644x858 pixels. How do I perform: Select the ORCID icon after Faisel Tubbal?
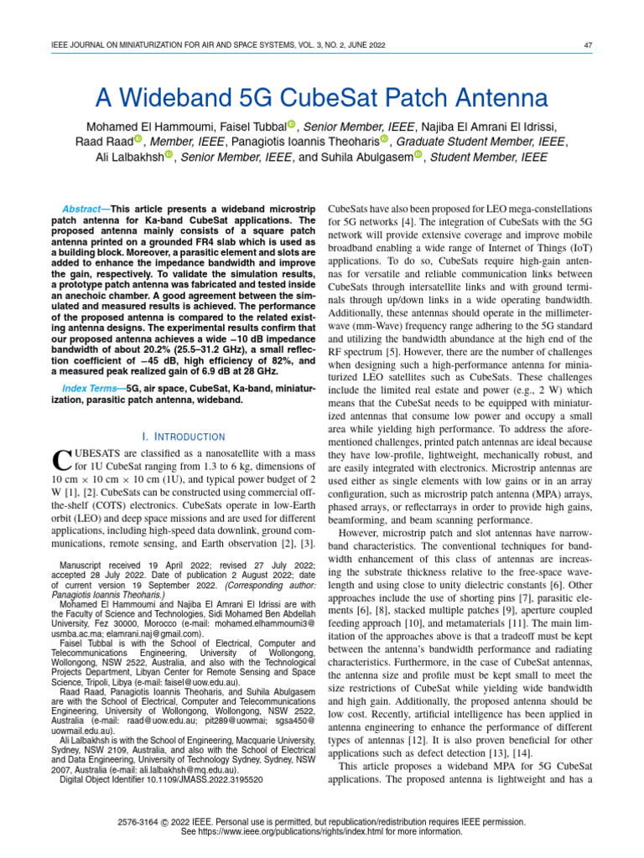click(x=291, y=125)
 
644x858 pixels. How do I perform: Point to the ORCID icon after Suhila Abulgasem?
click(x=417, y=157)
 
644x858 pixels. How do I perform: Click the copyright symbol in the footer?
click(x=169, y=823)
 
